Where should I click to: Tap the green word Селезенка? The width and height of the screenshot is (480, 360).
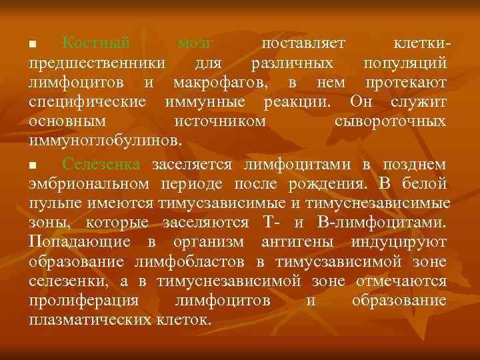point(101,164)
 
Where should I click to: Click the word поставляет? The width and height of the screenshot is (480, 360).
point(303,44)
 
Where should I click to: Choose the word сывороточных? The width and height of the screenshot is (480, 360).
point(390,122)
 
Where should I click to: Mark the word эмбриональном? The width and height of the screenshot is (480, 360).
point(89,184)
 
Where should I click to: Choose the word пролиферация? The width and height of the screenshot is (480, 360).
point(83,301)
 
